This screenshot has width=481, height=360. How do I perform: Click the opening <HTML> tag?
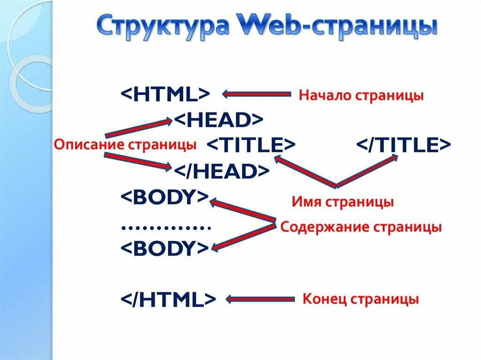(x=165, y=94)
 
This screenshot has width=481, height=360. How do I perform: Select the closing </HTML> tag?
(x=168, y=299)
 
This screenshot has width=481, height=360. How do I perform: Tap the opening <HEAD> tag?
(x=219, y=120)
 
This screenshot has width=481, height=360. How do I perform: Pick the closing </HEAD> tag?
(x=222, y=171)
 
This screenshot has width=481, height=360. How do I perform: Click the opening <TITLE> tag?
(x=251, y=145)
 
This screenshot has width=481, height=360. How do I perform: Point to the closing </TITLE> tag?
(x=404, y=145)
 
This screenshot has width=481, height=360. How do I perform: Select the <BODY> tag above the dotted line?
(x=164, y=197)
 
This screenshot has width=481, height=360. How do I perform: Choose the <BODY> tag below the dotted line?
(x=164, y=248)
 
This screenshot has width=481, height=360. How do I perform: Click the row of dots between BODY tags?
(x=165, y=228)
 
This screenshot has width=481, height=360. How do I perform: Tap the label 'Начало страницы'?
(x=361, y=96)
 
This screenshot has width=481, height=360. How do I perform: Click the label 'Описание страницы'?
(x=125, y=145)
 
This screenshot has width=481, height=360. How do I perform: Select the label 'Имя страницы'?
(x=342, y=202)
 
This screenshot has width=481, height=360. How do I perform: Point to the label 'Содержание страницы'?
(x=361, y=228)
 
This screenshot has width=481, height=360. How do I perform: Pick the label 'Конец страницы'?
(x=360, y=299)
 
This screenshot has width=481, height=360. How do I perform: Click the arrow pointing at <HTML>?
(x=256, y=94)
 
